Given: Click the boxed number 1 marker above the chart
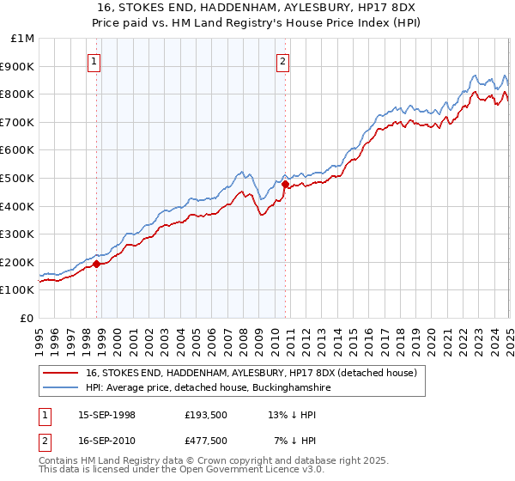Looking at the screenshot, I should (x=94, y=61).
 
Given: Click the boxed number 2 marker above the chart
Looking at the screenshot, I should (x=282, y=61).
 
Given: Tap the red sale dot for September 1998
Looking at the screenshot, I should (x=97, y=264).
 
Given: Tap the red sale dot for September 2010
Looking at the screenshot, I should (x=285, y=184).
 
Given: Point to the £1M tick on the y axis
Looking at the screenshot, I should (x=23, y=39).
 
